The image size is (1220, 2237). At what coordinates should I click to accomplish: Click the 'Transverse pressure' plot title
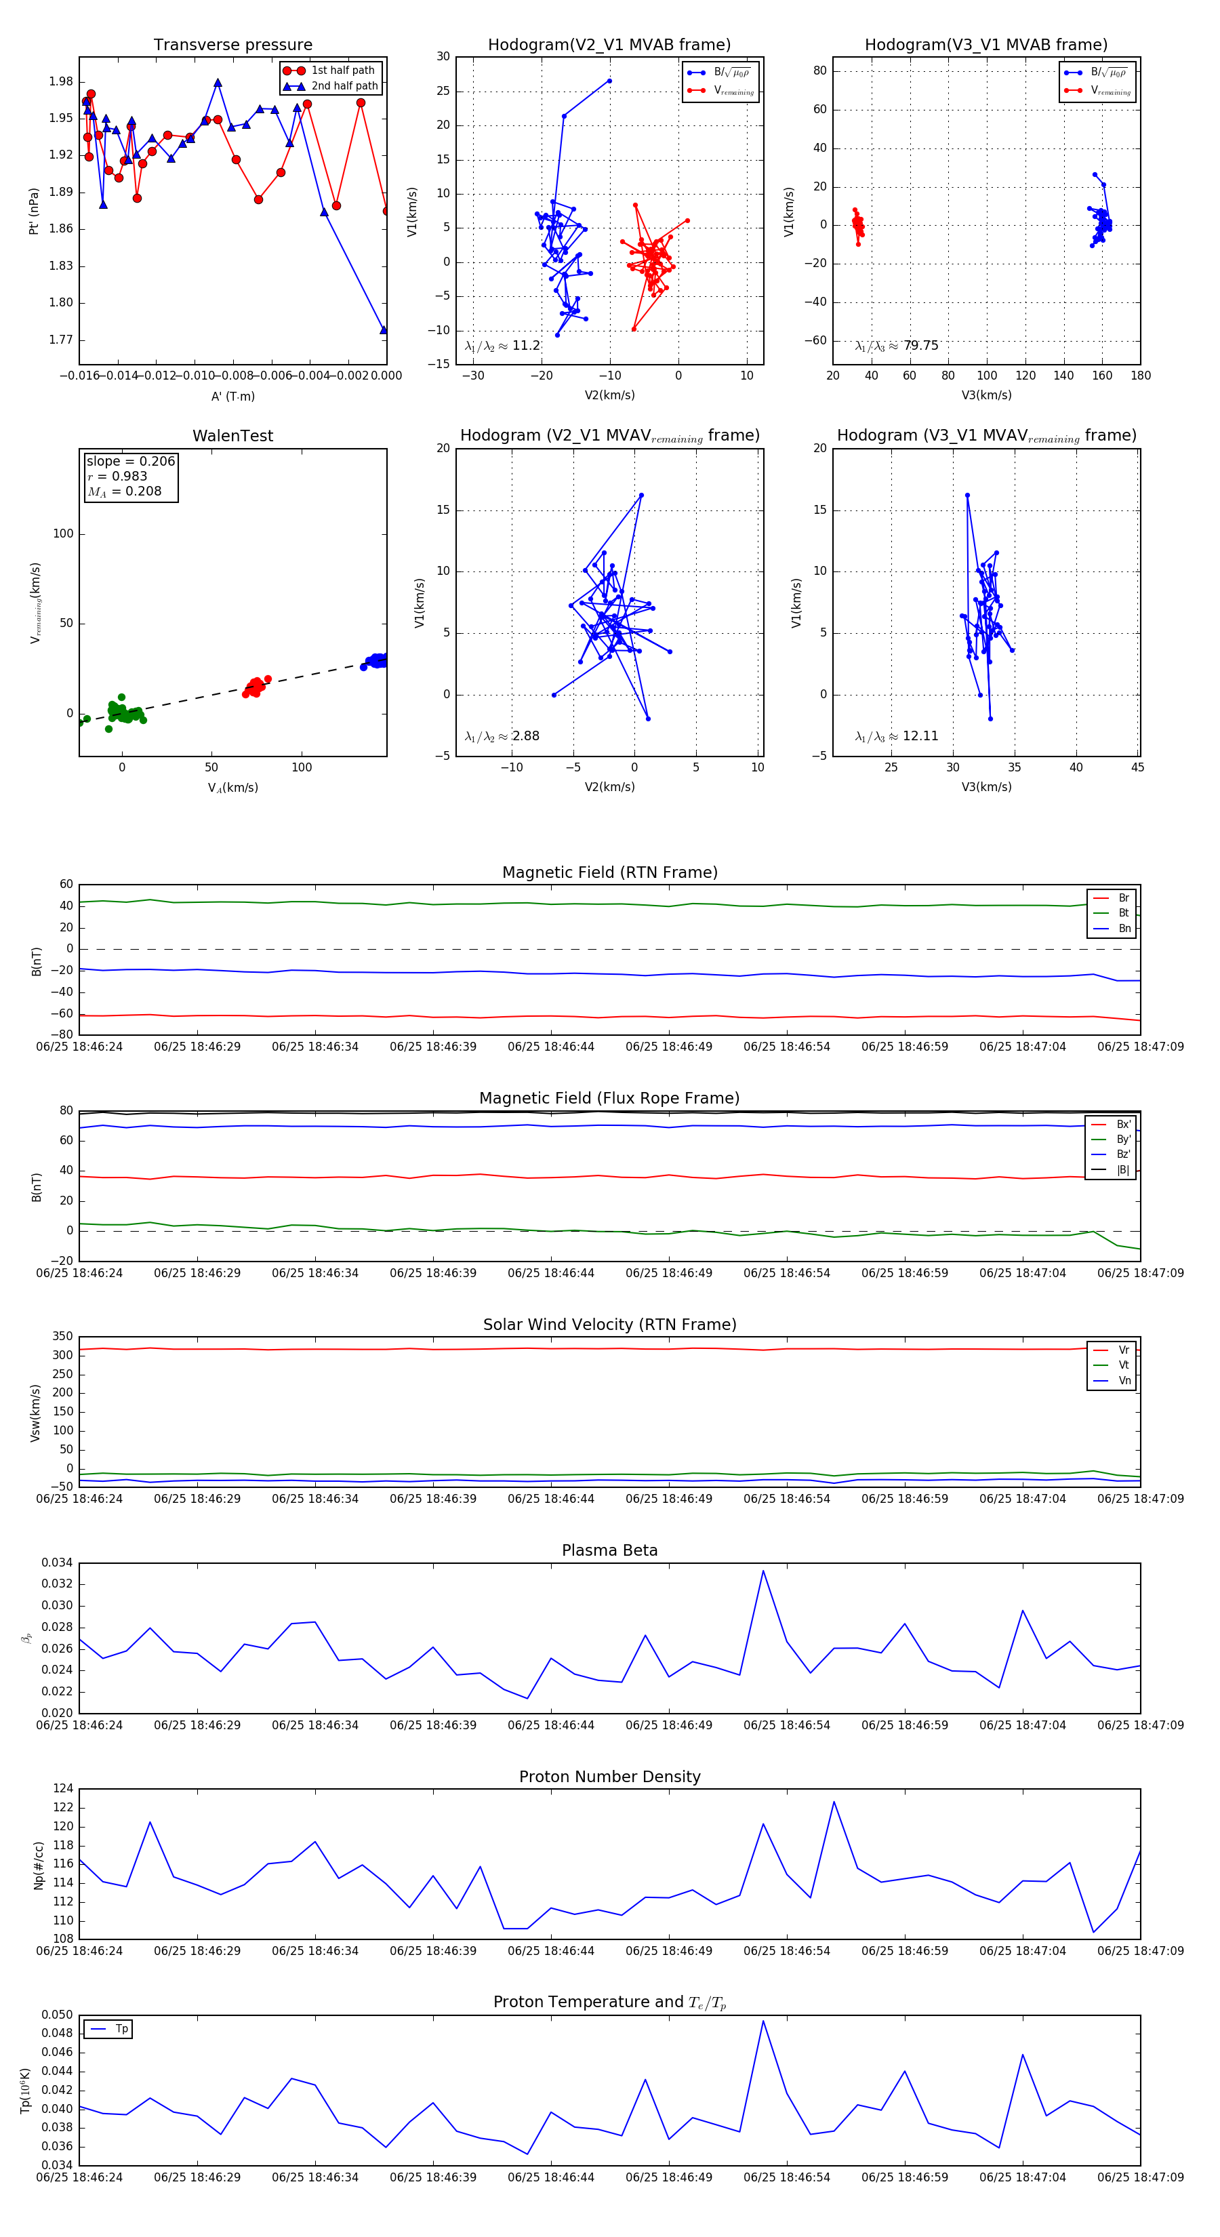232,45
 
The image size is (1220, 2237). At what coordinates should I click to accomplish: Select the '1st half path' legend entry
342,70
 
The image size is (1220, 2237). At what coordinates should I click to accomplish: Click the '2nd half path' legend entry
344,86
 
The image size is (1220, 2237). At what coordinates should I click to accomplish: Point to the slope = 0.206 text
130,461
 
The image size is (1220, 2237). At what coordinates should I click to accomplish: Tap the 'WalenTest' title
232,436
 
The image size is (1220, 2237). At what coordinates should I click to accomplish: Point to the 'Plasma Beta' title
609,1550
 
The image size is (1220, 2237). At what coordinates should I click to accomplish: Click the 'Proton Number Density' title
609,1777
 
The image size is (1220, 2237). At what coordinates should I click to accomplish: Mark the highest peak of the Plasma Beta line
763,1570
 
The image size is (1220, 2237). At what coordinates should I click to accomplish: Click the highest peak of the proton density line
834,1802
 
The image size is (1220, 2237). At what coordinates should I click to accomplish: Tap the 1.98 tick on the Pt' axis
61,81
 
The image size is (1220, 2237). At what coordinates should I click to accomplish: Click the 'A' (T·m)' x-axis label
232,396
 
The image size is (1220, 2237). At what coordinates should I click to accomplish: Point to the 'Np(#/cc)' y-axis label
38,1866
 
